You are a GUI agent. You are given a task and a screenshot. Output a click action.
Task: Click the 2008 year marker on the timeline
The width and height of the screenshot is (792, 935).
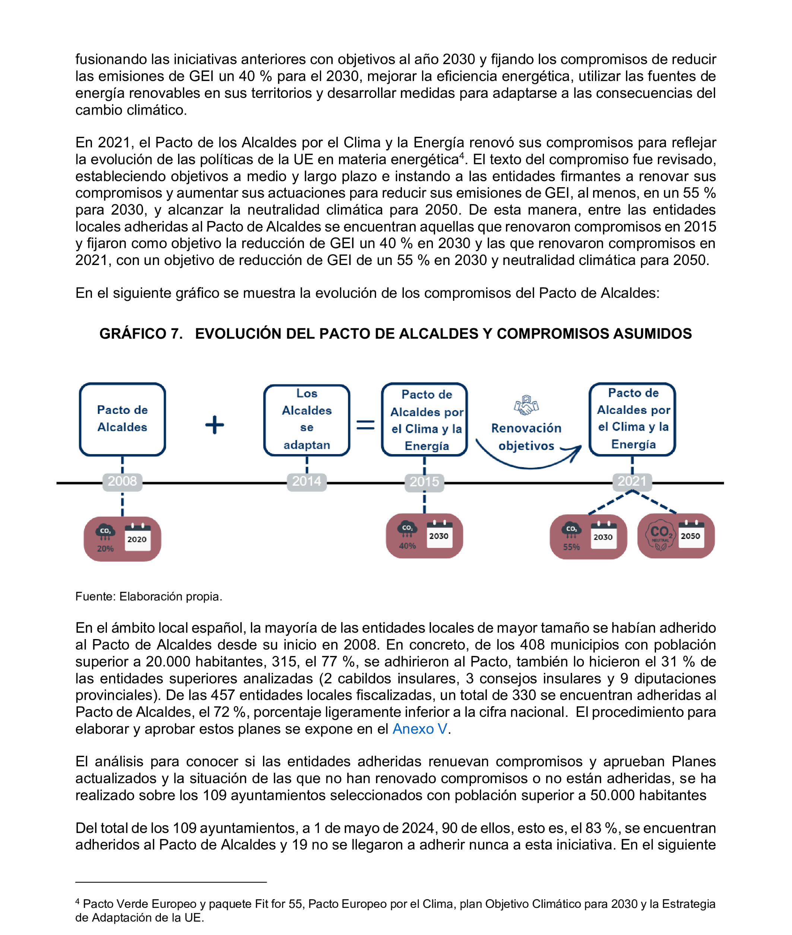click(x=122, y=481)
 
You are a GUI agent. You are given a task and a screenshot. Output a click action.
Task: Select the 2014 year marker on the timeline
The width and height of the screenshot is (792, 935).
click(x=307, y=481)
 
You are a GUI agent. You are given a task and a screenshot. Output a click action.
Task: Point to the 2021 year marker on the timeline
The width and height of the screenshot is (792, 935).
click(x=632, y=481)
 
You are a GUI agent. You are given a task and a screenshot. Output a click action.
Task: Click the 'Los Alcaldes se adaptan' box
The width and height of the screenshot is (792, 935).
click(x=307, y=419)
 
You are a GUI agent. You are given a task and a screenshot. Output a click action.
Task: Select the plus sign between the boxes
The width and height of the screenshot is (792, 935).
click(x=215, y=424)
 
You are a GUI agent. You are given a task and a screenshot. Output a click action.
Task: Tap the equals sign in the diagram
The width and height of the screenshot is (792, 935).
click(x=365, y=424)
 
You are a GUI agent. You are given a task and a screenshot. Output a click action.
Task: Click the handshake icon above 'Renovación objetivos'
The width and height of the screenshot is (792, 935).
click(x=526, y=405)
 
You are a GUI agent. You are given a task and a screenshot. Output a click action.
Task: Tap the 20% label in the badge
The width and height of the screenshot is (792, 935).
click(x=105, y=548)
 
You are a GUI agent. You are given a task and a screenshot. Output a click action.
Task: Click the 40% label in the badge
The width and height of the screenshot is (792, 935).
click(x=407, y=546)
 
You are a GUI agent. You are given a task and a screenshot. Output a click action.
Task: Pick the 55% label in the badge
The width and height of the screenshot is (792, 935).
click(x=571, y=547)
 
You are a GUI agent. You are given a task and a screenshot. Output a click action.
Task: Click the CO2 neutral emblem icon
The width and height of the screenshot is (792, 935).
click(x=660, y=535)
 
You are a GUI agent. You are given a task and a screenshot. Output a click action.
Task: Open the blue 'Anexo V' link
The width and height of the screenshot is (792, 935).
click(x=419, y=729)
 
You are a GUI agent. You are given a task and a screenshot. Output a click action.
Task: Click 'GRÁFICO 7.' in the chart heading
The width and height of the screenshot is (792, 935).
click(x=141, y=334)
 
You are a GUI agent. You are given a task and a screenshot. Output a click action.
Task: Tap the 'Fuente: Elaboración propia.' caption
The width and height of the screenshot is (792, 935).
click(x=149, y=596)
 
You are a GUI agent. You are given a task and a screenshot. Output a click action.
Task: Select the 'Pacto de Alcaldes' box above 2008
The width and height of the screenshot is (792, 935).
click(x=122, y=419)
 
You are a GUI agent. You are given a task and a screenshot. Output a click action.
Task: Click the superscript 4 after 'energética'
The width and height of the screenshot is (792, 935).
click(x=461, y=155)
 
